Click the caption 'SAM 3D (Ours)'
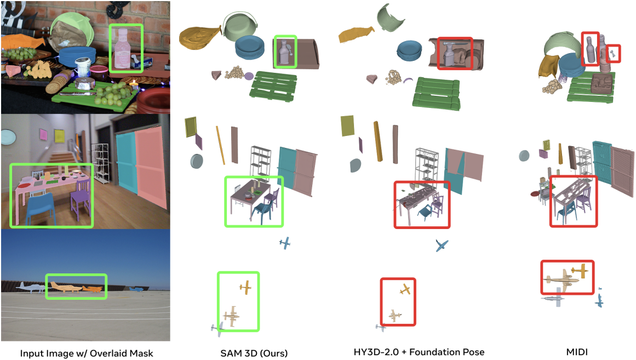[254, 353]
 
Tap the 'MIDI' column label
[577, 352]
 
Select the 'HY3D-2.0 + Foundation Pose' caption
[419, 352]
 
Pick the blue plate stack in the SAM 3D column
[249, 47]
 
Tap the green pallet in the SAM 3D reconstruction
[273, 86]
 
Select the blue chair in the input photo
[41, 209]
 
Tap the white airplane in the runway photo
[31, 287]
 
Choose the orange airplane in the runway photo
[93, 289]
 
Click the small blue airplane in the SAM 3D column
[285, 243]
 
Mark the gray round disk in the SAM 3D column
[197, 161]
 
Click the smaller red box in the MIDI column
[614, 54]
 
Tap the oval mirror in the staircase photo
[8, 137]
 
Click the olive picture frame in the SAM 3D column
[191, 127]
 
